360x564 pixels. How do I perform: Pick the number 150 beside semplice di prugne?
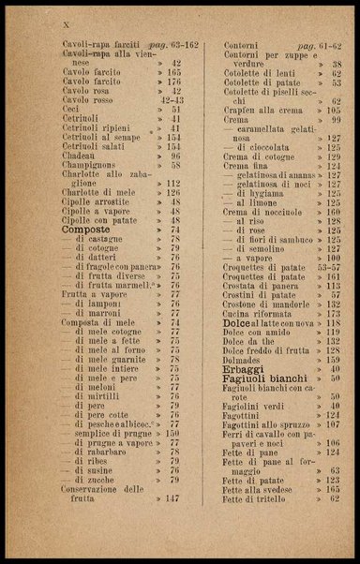(172, 434)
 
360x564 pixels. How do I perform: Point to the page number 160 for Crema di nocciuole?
(334, 213)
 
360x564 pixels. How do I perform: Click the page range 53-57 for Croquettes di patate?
(328, 267)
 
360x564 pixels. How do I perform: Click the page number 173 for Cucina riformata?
(334, 314)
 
